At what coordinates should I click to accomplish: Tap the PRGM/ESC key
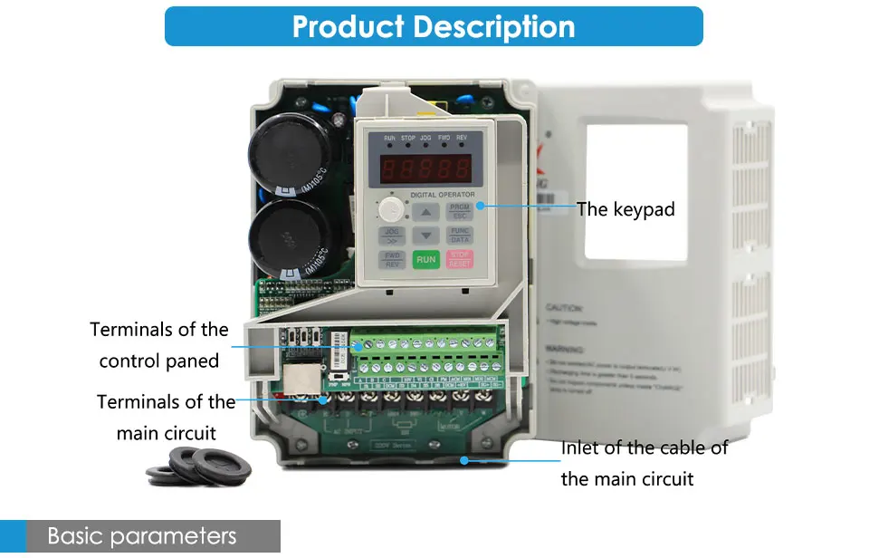[458, 211]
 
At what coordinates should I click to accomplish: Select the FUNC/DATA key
[458, 236]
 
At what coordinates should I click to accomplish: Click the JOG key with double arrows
[392, 236]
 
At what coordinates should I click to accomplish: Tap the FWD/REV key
[392, 260]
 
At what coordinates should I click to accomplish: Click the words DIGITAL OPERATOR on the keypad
[442, 195]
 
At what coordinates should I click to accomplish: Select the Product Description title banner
[434, 26]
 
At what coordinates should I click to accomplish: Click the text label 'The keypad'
[625, 209]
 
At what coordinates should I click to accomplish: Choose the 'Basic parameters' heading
[141, 536]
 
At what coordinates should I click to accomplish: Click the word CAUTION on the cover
[564, 308]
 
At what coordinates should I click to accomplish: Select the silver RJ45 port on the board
[301, 380]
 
